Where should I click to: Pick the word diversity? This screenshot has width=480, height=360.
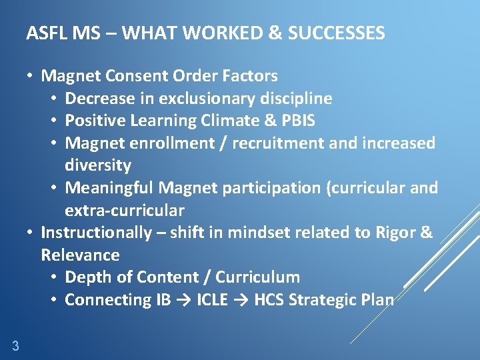click(98, 165)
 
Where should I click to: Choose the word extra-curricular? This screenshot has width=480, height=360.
click(124, 210)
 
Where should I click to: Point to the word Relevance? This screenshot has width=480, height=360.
click(80, 255)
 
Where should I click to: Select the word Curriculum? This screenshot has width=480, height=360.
click(257, 277)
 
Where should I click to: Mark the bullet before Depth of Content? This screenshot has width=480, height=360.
click(54, 277)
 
